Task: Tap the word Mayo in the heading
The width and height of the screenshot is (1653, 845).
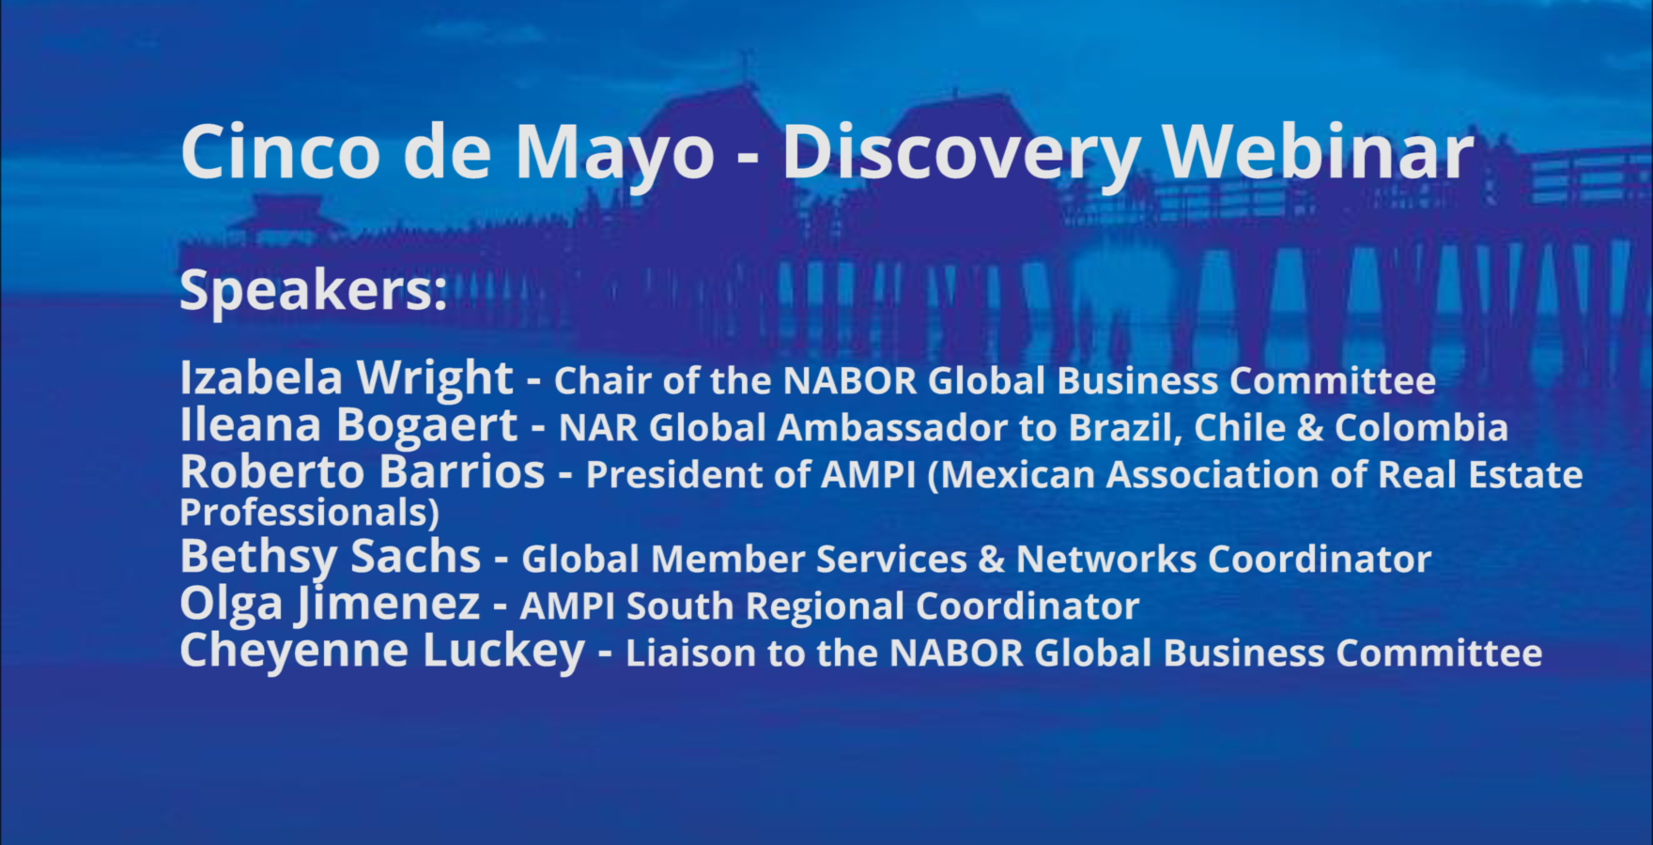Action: (x=615, y=155)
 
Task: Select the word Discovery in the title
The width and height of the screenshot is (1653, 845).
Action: (x=961, y=155)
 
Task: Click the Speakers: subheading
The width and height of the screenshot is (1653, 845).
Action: (x=313, y=290)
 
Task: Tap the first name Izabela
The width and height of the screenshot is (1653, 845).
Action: (x=261, y=377)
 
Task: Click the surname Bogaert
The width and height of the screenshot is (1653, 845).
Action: (x=426, y=426)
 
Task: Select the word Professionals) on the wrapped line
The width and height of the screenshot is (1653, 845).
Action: (x=309, y=513)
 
